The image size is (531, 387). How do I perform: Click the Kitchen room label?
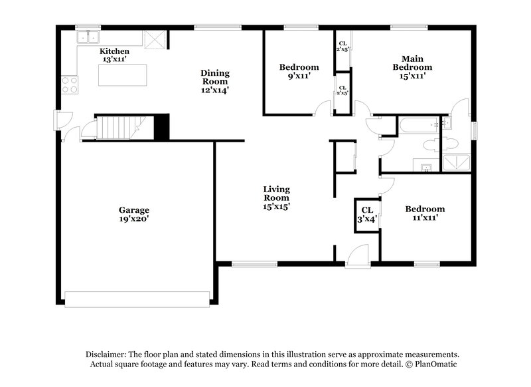coord(114,51)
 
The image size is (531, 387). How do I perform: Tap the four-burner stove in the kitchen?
coord(70,84)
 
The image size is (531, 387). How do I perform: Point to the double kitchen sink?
coord(88,37)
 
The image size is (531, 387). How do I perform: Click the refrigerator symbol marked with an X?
coord(154,41)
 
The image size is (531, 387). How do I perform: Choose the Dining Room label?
coord(216,77)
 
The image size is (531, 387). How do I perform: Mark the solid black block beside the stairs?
coord(161,126)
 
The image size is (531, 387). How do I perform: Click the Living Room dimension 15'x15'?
coord(277,206)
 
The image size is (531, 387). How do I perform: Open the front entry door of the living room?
coord(358,256)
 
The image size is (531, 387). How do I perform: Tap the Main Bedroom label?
coord(412,63)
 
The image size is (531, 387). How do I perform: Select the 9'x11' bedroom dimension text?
coord(299,76)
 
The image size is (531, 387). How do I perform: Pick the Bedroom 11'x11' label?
coord(425,213)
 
